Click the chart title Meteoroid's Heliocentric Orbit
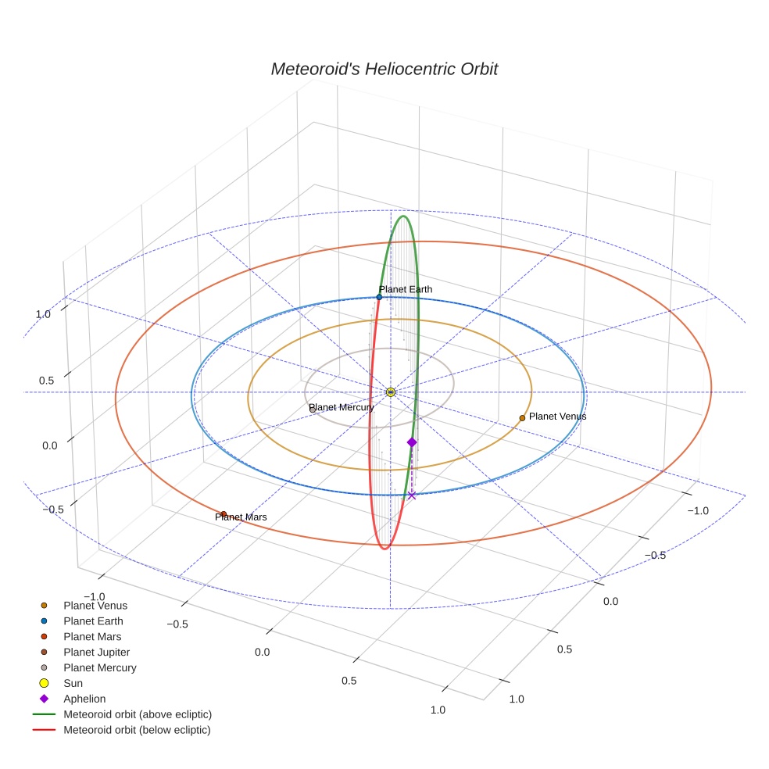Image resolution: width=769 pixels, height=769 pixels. (384, 69)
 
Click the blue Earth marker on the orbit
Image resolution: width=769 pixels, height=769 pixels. (379, 297)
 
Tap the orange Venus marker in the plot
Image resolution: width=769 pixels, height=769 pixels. (522, 418)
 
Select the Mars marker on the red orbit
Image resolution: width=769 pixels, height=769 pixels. (224, 514)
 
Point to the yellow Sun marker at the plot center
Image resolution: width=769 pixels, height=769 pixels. (391, 392)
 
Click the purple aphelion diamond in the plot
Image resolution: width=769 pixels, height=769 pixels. (412, 442)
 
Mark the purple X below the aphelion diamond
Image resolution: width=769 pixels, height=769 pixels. (412, 495)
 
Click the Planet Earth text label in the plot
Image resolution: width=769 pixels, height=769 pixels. (406, 289)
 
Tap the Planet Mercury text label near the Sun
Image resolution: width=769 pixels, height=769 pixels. (342, 407)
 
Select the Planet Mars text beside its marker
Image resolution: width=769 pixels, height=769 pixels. (241, 517)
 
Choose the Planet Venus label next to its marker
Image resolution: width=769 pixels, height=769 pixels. (557, 417)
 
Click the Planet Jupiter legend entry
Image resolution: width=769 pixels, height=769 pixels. (97, 652)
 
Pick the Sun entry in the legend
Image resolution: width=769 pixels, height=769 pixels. (73, 683)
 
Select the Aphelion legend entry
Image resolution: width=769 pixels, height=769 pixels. (84, 699)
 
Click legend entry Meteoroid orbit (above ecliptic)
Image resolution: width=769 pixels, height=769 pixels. (138, 714)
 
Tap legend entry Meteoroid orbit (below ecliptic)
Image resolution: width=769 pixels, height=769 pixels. (138, 730)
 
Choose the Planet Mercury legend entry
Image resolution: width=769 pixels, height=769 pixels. (100, 667)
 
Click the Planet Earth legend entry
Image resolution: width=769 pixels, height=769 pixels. (94, 621)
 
